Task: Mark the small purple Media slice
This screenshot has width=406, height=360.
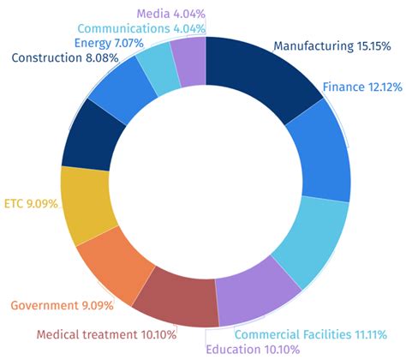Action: tap(190, 62)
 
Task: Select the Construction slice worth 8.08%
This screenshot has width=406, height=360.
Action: tap(86, 137)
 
